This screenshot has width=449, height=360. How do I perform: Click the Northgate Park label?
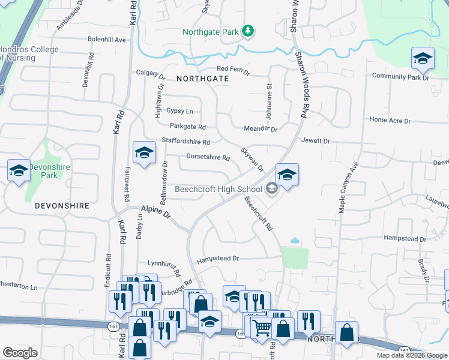(211, 31)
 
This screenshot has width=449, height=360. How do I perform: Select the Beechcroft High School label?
(218, 190)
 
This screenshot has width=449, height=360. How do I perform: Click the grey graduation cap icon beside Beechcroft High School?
(272, 190)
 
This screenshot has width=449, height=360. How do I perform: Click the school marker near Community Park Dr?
(423, 59)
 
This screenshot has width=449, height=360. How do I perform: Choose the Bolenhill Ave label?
(106, 40)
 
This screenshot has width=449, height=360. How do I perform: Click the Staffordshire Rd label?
(185, 142)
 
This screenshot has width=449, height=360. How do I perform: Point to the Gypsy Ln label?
(179, 111)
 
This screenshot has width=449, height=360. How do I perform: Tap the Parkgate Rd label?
(188, 127)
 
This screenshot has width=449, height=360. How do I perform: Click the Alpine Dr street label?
(156, 212)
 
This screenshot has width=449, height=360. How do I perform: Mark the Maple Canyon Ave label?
(348, 187)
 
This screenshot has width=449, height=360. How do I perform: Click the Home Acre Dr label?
(390, 121)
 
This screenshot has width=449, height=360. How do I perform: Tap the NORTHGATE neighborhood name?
(202, 79)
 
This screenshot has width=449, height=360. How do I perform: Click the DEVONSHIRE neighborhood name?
(62, 205)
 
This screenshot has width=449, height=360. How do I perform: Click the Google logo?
(20, 353)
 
